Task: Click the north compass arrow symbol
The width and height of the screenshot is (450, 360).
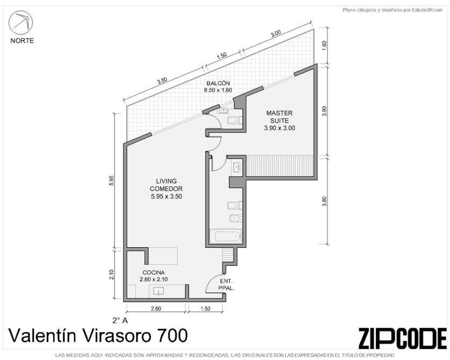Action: click(20, 23)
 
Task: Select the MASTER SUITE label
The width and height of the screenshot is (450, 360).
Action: click(279, 117)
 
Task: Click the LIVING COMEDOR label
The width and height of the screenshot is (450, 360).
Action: click(166, 185)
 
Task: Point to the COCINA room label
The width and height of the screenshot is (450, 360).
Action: click(154, 272)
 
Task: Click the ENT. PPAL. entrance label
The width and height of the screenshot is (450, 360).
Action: click(227, 284)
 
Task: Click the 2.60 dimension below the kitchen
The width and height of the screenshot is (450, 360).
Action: click(156, 308)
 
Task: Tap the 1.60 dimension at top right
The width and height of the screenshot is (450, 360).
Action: click(324, 45)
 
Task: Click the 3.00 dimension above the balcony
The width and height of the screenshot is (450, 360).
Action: click(275, 34)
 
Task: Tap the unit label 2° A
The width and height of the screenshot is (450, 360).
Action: click(120, 320)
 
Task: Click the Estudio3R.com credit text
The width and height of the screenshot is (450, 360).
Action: click(393, 10)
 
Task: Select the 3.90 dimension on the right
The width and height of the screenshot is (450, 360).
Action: click(324, 111)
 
